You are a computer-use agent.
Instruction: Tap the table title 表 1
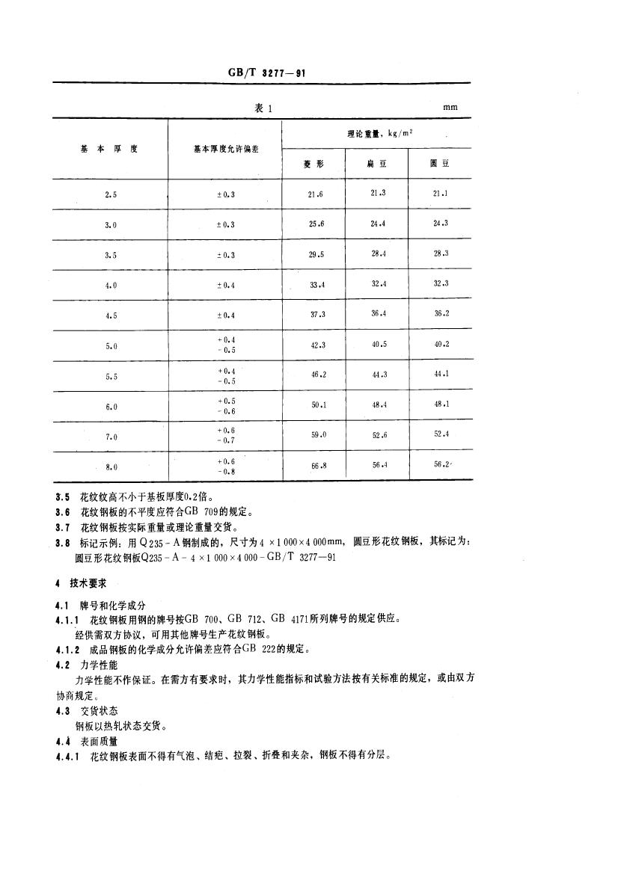[263, 108]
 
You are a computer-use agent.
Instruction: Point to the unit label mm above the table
[450, 108]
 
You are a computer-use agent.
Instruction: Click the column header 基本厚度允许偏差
[224, 149]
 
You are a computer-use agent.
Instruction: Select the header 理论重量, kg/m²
[376, 134]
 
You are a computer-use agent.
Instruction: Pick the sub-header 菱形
[313, 164]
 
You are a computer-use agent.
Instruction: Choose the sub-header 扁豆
[376, 164]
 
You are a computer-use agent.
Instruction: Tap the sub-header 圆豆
[440, 164]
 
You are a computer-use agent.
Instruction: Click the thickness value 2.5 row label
[111, 194]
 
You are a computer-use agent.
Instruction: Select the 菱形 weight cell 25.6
[316, 224]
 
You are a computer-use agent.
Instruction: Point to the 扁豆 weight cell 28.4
[379, 254]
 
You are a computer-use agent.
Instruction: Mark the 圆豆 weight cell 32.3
[441, 284]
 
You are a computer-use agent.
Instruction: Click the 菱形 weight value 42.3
[316, 345]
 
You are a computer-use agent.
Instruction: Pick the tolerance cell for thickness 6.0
[225, 406]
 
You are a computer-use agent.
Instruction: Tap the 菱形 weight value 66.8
[316, 467]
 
